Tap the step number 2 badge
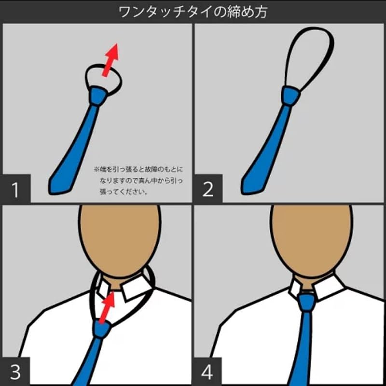207,190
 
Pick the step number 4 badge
207,372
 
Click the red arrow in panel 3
107,306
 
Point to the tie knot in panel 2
289,96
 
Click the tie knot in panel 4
306,302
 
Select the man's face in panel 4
311,236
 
